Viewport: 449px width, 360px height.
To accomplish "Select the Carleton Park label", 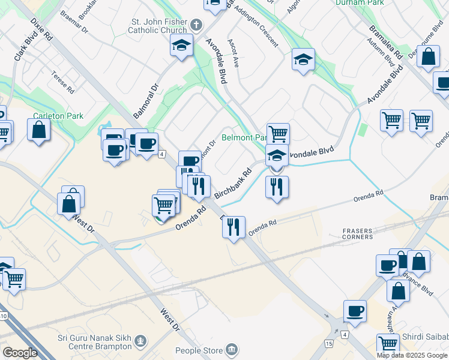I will coord(58,116).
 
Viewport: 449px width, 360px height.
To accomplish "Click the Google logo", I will coord(20,353).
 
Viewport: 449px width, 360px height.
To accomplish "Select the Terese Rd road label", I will coord(62,82).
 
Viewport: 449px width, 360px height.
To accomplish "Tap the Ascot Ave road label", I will coord(234,54).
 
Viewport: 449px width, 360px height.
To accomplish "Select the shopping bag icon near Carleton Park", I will coord(39,130).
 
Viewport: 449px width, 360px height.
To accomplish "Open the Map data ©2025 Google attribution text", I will coord(412,355).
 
